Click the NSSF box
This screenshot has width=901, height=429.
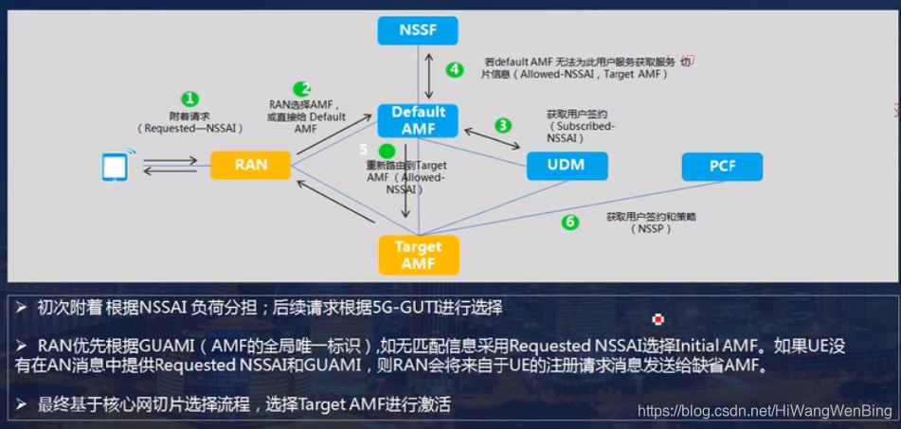418,30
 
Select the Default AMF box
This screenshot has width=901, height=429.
418,120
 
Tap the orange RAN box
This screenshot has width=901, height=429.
250,165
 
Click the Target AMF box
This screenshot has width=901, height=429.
418,255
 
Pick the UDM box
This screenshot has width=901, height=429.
567,165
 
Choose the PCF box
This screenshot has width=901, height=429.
722,167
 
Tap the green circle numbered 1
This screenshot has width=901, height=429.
190,98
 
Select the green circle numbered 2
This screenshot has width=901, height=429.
302,90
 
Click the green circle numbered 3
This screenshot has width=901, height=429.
503,125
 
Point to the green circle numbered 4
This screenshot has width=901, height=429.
456,69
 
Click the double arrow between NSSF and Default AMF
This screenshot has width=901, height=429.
430,77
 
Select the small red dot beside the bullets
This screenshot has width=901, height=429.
658,319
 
